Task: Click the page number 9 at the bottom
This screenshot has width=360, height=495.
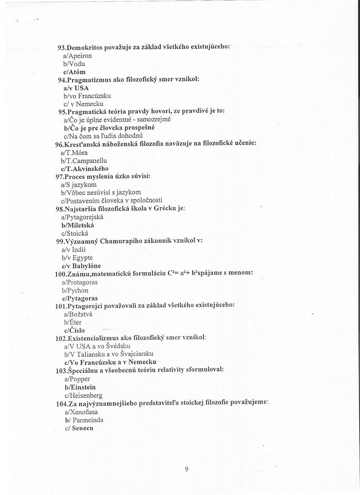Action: (x=186, y=468)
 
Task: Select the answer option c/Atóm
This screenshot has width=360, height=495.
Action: (x=74, y=72)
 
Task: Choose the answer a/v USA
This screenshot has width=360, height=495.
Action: (x=76, y=88)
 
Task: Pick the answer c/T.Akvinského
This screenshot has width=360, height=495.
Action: (x=85, y=168)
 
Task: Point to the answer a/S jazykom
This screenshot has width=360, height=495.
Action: (x=78, y=184)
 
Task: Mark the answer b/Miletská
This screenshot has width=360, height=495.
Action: (x=77, y=225)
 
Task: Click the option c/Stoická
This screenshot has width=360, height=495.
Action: (x=76, y=233)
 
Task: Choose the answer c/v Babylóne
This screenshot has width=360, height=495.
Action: (x=81, y=265)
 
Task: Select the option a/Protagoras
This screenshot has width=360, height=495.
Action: (x=79, y=282)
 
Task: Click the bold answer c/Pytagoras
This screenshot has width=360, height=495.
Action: (x=80, y=298)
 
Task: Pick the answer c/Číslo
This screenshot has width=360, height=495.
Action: (x=74, y=330)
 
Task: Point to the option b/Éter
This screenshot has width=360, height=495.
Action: (x=73, y=322)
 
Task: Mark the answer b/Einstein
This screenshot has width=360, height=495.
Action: (x=80, y=387)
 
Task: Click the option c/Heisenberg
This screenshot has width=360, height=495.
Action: (x=83, y=395)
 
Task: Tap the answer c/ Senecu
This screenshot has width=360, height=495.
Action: (x=79, y=428)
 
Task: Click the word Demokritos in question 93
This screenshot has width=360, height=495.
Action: (x=85, y=47)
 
